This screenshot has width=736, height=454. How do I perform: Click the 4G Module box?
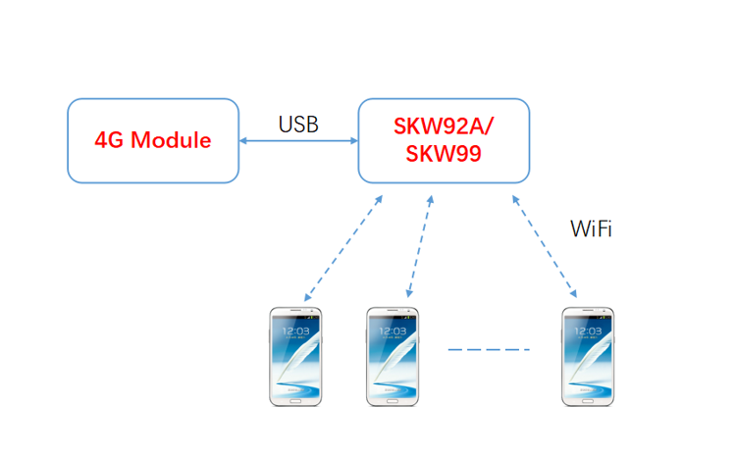tap(153, 140)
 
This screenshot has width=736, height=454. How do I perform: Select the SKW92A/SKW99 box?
tap(444, 140)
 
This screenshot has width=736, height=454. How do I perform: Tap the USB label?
tap(298, 125)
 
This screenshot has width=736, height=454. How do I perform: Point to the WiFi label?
tap(592, 229)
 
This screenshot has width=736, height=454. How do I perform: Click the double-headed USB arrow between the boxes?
tap(298, 141)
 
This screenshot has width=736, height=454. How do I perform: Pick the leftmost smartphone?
tap(296, 356)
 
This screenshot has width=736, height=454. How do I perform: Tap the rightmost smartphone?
tap(589, 356)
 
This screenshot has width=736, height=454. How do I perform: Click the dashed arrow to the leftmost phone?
tap(342, 247)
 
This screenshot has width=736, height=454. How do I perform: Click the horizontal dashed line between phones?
tap(489, 350)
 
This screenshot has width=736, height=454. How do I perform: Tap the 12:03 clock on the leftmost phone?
tap(296, 331)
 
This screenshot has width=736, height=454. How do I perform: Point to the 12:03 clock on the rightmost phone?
tap(589, 331)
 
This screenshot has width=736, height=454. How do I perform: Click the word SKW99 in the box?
tap(444, 154)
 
